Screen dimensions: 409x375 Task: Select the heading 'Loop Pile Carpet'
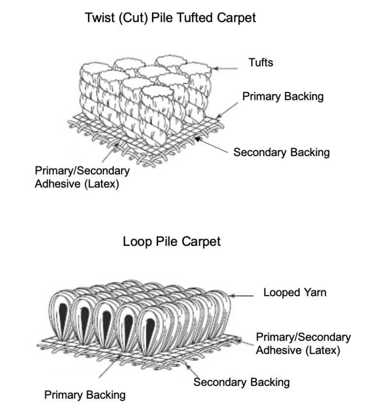pyautogui.click(x=171, y=242)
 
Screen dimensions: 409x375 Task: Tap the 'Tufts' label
pyautogui.click(x=261, y=63)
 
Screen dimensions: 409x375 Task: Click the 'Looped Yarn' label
pyautogui.click(x=294, y=293)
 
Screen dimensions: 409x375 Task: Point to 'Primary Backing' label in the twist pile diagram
pyautogui.click(x=283, y=96)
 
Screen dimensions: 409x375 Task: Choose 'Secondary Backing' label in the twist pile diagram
pyautogui.click(x=281, y=152)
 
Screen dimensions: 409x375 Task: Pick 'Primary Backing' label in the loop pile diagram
pyautogui.click(x=85, y=395)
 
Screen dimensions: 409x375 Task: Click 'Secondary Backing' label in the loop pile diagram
pyautogui.click(x=241, y=382)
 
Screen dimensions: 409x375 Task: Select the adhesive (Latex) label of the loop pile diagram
pyautogui.click(x=303, y=344)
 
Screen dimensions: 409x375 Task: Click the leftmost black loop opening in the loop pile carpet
pyautogui.click(x=63, y=320)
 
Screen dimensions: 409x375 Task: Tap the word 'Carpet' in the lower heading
pyautogui.click(x=203, y=242)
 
